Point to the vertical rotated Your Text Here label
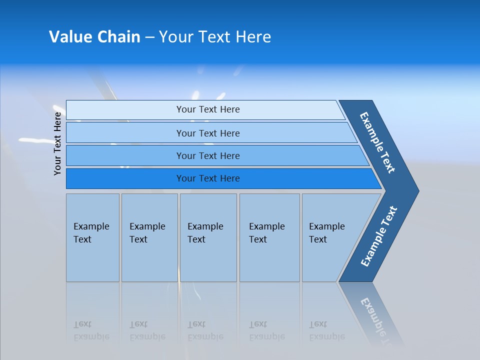tap(57, 143)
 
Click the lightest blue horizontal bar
tap(207, 109)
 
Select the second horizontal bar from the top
tap(207, 133)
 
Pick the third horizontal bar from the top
tap(207, 155)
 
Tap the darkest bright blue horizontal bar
tap(207, 178)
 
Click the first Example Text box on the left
tap(92, 237)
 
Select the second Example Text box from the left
tap(149, 237)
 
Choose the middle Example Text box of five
tap(208, 237)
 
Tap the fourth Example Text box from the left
tap(269, 237)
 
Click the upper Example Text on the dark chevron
tap(377, 142)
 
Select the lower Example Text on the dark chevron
tap(379, 236)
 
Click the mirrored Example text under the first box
tap(91, 336)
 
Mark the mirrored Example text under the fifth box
tap(326, 336)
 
